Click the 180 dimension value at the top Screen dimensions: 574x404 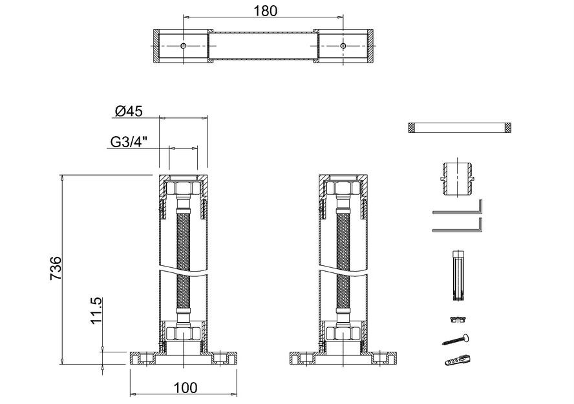[x=266, y=10]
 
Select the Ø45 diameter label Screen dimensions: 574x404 [x=129, y=111]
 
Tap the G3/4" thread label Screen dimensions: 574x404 [x=129, y=141]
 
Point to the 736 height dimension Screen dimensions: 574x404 [x=56, y=268]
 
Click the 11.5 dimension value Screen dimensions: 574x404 [x=96, y=310]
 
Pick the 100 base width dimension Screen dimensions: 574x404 [x=186, y=388]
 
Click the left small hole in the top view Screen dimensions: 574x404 [x=184, y=46]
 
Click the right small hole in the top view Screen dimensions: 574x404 [x=343, y=46]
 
